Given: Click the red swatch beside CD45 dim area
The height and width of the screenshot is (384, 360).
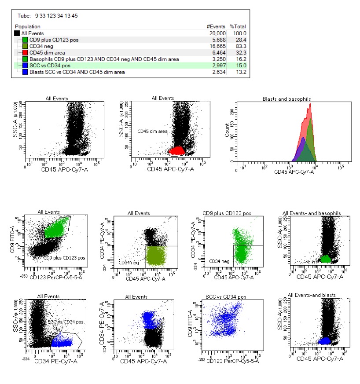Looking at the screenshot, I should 25,52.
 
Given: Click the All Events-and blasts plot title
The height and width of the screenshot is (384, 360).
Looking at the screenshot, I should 312,295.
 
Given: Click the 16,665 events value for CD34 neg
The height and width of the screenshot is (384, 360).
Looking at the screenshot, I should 218,46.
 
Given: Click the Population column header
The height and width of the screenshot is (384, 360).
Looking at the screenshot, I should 28,27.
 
